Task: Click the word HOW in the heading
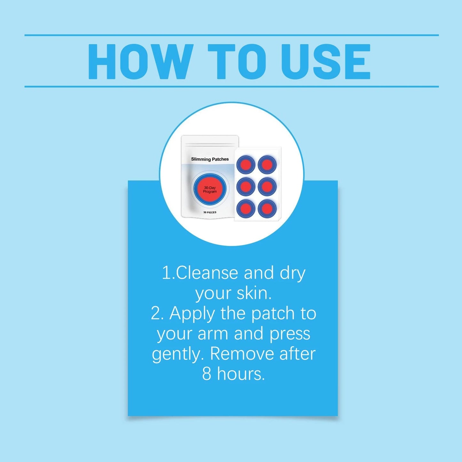pos(141,62)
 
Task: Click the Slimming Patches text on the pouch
pos(210,159)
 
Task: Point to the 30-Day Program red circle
pos(210,190)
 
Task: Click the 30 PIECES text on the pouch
pos(210,212)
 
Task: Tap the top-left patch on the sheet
pos(246,165)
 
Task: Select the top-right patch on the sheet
pos(267,165)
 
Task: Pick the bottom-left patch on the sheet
pos(246,208)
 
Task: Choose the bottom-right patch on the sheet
pos(267,208)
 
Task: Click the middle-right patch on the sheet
pos(267,186)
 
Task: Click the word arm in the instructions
pos(213,334)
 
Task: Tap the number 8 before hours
pos(207,374)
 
